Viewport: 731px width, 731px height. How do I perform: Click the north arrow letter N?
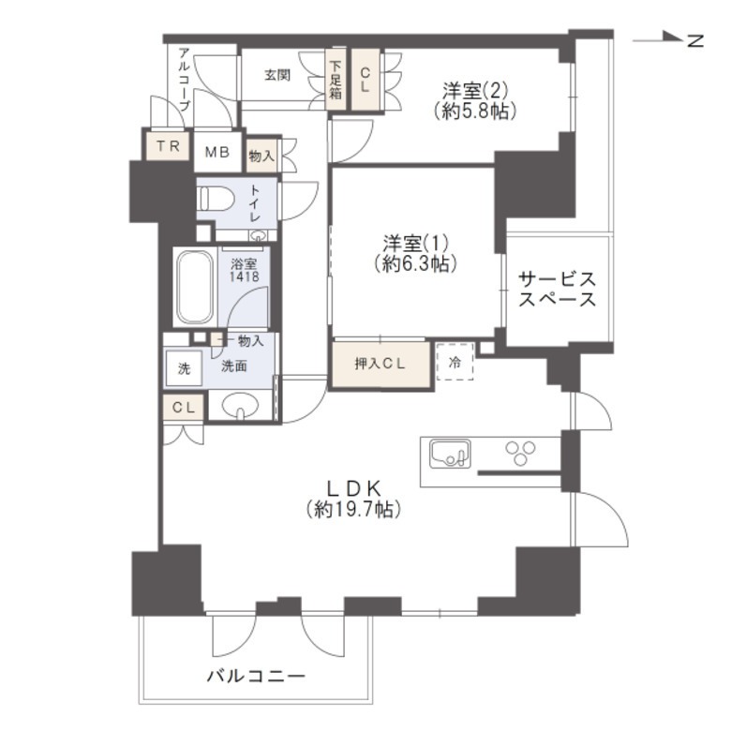coord(694,40)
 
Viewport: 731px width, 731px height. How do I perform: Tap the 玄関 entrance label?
coord(276,75)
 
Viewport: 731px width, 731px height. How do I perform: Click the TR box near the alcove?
coord(167,146)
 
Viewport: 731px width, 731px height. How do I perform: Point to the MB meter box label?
coord(217,152)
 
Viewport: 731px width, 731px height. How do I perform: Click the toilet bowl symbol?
coord(216,200)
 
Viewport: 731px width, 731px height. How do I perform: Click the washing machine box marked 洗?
coord(184,368)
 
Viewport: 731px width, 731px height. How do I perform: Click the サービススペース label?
coord(558,290)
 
